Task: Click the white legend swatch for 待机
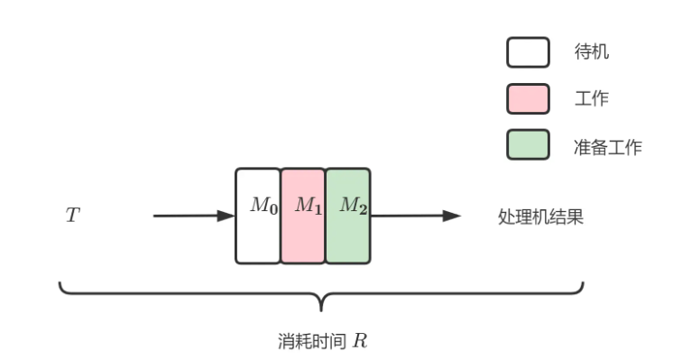coord(528,52)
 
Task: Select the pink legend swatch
coord(528,98)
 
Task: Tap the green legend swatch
coord(528,144)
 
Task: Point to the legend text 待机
coord(591,52)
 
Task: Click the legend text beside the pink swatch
coord(591,98)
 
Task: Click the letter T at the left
coord(71,217)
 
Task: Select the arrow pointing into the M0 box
coord(193,217)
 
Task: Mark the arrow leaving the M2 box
coord(416,217)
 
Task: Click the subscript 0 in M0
coord(273,208)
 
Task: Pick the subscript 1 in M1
coord(317,208)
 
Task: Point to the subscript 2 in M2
coord(362,208)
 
